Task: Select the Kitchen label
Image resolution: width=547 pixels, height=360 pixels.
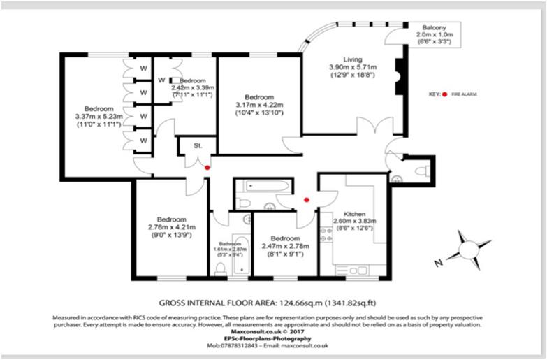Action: tap(355, 215)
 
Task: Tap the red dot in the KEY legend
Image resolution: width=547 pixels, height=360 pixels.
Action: tap(444, 93)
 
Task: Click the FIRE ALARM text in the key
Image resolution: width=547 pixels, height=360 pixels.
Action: tap(464, 93)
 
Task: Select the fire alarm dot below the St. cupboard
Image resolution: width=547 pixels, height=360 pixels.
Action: tap(207, 168)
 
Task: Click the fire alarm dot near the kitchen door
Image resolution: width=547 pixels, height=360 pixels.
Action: tap(306, 200)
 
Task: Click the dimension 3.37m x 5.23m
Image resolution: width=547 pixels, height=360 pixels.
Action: tap(99, 116)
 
